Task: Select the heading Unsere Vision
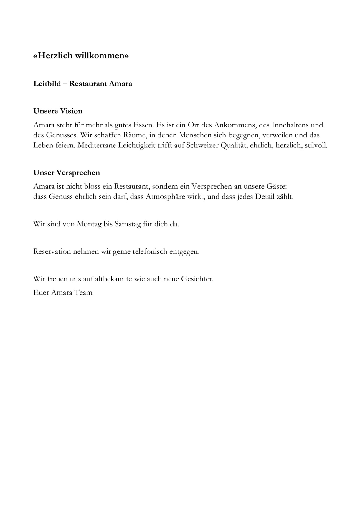pos(58,111)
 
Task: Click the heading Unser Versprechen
pos(67,173)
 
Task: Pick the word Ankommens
pos(235,125)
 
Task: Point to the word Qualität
pos(233,146)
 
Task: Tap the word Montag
pos(89,224)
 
